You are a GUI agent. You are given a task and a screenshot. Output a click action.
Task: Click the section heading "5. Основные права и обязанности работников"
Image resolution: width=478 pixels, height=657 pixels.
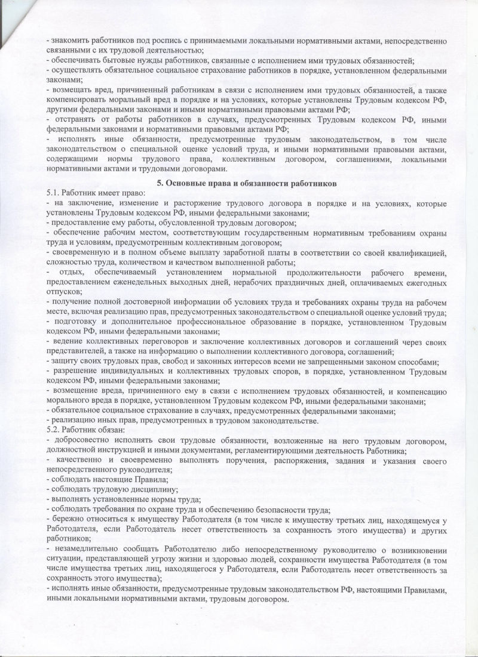(247, 183)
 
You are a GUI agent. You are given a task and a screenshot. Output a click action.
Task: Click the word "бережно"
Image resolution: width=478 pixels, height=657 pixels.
(68, 519)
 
